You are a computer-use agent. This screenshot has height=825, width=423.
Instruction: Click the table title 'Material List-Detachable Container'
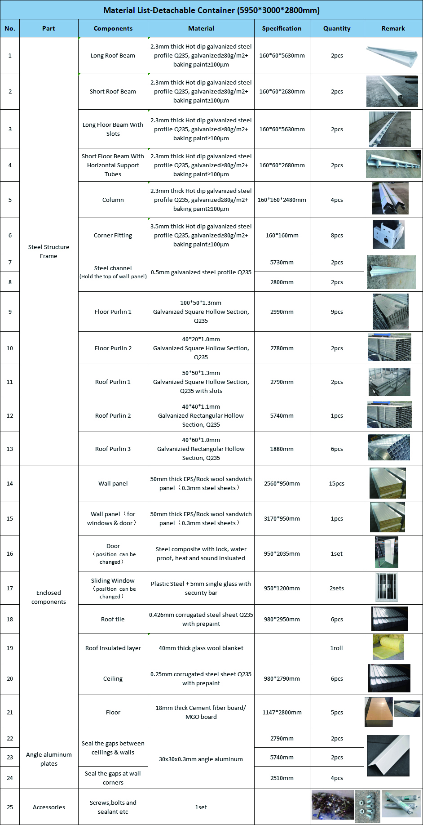211,10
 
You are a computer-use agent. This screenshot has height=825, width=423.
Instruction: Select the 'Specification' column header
282,28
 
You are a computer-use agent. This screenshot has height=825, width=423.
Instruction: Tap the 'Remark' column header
393,28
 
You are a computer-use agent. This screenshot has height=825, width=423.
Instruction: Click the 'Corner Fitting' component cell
113,235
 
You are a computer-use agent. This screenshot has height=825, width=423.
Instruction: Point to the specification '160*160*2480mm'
282,200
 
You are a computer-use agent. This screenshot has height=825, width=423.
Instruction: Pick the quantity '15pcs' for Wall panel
336,483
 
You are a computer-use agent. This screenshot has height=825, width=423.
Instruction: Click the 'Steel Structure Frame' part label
48,251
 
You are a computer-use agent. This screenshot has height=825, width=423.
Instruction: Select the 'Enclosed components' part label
48,597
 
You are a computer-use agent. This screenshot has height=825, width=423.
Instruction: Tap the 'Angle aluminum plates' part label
48,759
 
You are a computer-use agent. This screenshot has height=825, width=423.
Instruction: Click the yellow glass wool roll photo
388,647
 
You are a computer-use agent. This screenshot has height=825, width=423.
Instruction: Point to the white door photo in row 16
387,553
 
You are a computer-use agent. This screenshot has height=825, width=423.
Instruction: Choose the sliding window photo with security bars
387,587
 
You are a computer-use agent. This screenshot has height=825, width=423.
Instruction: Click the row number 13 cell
10,449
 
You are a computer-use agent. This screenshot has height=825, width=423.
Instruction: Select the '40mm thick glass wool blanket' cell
201,648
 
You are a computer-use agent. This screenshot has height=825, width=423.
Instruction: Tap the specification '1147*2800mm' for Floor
282,712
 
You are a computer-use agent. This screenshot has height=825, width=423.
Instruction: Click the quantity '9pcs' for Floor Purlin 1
336,312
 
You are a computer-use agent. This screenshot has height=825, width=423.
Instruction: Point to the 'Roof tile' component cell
113,619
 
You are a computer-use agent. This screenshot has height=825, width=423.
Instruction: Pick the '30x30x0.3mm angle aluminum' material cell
201,759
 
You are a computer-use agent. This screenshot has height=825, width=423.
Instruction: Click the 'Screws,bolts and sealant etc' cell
113,807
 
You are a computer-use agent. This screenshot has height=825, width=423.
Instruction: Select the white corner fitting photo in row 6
388,235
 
